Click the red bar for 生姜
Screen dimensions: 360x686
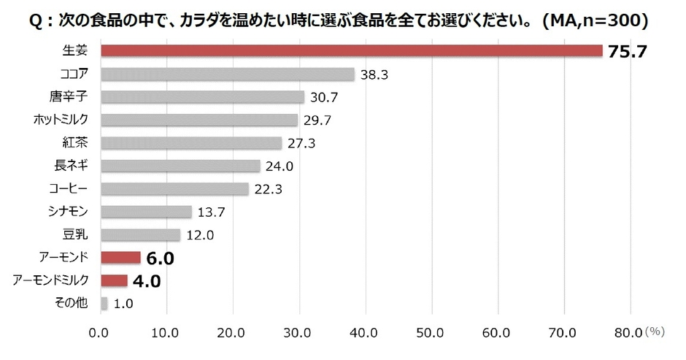pyautogui.click(x=350, y=51)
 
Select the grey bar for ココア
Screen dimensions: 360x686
pyautogui.click(x=227, y=74)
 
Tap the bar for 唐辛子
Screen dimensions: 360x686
pyautogui.click(x=201, y=96)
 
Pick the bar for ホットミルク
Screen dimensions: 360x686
pyautogui.click(x=199, y=120)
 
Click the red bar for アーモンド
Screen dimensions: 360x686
pyautogui.click(x=120, y=257)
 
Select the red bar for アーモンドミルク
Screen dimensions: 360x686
pyautogui.click(x=113, y=280)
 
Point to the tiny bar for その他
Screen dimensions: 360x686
pyautogui.click(x=104, y=303)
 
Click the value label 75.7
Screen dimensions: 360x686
pyautogui.click(x=627, y=52)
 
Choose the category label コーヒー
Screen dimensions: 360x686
pyautogui.click(x=72, y=188)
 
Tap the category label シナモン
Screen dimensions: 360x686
pyautogui.click(x=72, y=212)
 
